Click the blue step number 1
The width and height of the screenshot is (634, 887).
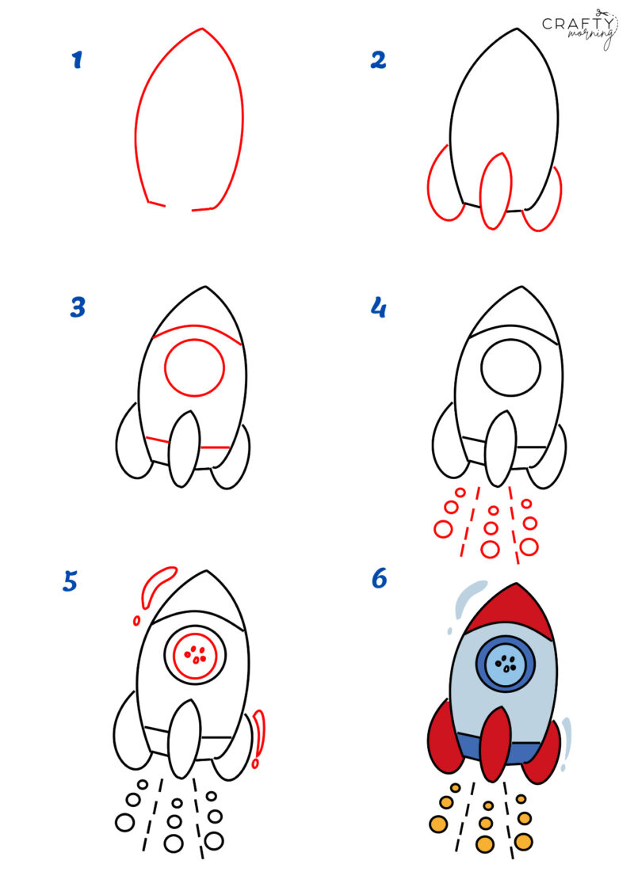coord(77,59)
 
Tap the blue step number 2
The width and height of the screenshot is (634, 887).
coord(379,59)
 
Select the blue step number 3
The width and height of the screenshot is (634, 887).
coord(77,307)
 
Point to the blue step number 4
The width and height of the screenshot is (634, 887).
coord(379,307)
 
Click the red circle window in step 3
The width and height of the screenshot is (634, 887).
coord(195,367)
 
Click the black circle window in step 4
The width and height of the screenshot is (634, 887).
coord(510,367)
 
